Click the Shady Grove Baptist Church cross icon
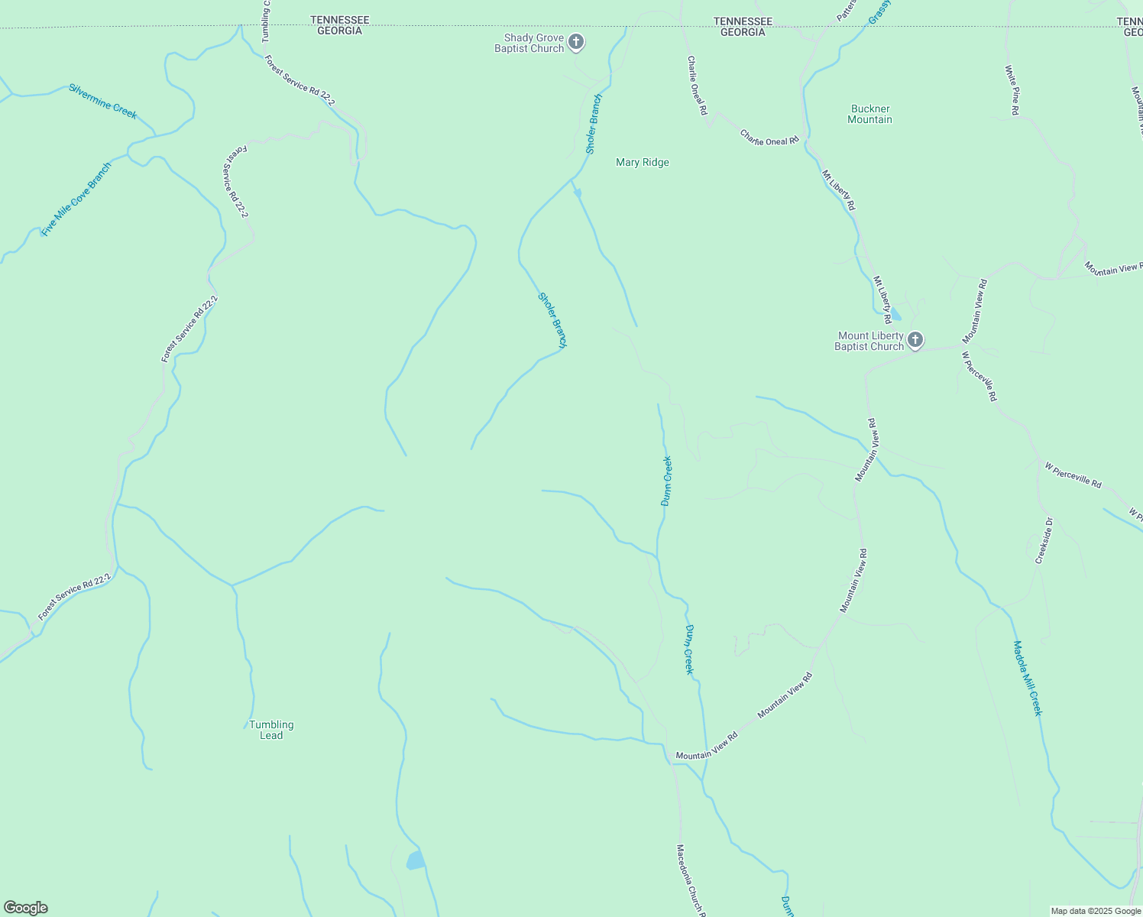576,43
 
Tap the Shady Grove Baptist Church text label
529,44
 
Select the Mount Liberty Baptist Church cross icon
915,341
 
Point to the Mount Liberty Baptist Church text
869,342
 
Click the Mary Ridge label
643,163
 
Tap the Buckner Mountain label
870,115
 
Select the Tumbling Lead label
271,730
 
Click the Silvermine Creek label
103,101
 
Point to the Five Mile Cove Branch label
76,199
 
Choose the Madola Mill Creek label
1028,678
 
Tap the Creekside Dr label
1044,540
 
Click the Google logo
25,908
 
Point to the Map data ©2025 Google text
1096,911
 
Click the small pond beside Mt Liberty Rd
896,315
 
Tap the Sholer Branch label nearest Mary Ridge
594,124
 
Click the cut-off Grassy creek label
880,11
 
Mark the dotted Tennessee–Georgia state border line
458,28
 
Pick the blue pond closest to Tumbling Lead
415,860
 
